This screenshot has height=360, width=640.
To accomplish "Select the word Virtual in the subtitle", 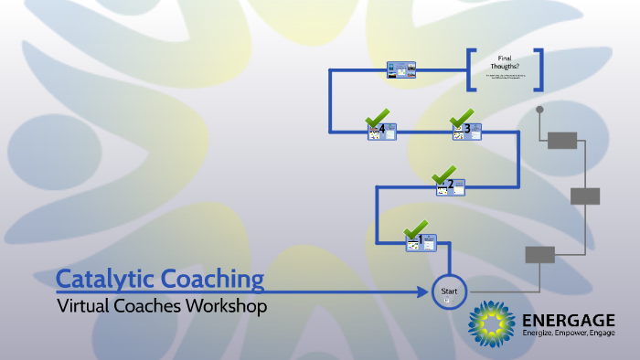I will (x=82, y=307).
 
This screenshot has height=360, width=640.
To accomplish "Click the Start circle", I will (x=449, y=292).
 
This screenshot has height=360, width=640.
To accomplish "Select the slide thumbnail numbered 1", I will (x=421, y=242).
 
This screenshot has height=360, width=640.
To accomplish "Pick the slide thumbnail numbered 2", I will (x=451, y=187).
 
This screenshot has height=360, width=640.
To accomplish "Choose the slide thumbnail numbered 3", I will (x=466, y=132).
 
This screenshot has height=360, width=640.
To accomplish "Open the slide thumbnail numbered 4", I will (x=382, y=132).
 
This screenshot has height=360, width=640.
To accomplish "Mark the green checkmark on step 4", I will (x=377, y=118).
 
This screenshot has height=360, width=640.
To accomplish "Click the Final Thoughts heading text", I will (x=504, y=61).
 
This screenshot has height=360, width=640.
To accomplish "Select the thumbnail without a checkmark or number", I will (x=400, y=70).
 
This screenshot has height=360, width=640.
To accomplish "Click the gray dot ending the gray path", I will (x=539, y=110).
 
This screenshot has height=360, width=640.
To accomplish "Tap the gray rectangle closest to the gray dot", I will (x=562, y=140).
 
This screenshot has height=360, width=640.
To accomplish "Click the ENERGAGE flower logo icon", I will (x=492, y=324).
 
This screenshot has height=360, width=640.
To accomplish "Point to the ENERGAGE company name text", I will (x=568, y=320).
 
